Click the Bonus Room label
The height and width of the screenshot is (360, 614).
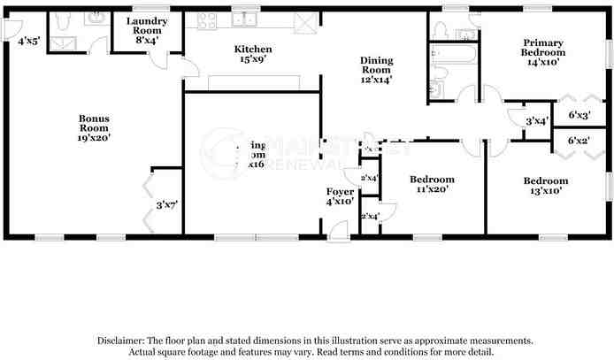click(94, 127)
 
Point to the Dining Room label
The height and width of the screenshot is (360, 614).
click(375, 69)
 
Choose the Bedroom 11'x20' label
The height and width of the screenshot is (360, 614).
click(434, 184)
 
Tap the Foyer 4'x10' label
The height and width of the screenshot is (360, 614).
click(341, 197)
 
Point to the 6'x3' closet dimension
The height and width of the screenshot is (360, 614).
click(579, 116)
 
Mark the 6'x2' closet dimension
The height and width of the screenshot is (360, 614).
click(579, 141)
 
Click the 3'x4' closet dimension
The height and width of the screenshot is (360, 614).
click(536, 121)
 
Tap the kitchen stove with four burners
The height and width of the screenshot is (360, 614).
click(208, 20)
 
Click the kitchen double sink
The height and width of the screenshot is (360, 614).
click(245, 19)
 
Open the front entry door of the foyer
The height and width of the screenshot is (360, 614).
click(337, 231)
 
